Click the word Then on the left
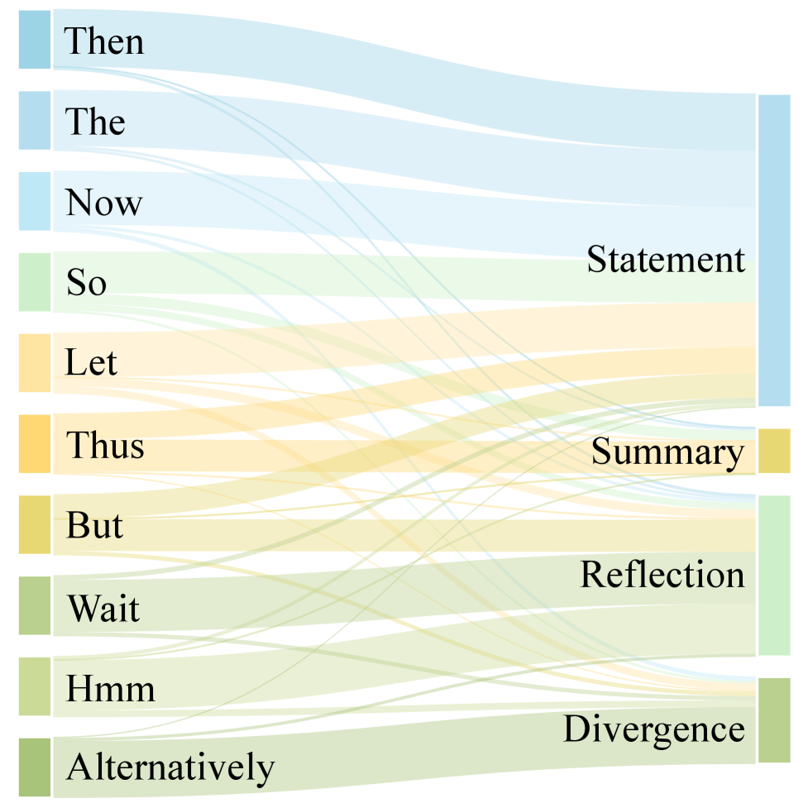103,41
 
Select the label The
95,122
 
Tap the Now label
103,203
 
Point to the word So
87,284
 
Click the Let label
91,363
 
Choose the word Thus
105,445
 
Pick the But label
95,525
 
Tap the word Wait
103,610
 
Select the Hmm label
110,688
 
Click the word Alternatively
170,767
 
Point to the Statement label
666,260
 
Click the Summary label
668,452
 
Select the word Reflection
662,574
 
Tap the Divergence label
653,729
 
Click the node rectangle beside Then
35,39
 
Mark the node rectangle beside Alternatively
35,767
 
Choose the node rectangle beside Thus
35,444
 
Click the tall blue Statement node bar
775,251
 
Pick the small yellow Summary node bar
775,451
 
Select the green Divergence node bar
775,720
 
